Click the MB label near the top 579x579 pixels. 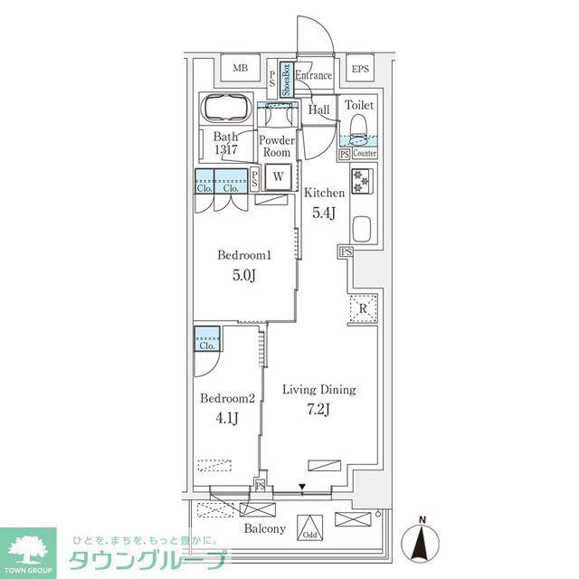point(241,69)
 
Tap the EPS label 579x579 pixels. point(360,69)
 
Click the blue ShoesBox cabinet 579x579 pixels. point(287,80)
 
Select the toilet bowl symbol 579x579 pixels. point(358,130)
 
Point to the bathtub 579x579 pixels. point(226,109)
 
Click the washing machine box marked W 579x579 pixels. point(278,177)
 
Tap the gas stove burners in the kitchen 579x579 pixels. point(362,181)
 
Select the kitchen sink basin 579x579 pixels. point(362,229)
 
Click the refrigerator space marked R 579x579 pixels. point(363,308)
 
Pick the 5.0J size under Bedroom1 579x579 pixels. point(244,275)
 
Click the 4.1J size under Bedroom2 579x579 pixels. point(227,418)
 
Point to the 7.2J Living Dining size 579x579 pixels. point(318,409)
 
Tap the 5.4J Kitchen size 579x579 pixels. point(324,213)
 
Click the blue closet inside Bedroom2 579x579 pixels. point(207,338)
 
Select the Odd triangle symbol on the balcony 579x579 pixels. point(309,527)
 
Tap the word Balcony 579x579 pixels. point(265,528)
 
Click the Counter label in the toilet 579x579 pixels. point(365,153)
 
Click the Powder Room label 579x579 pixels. point(277,147)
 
